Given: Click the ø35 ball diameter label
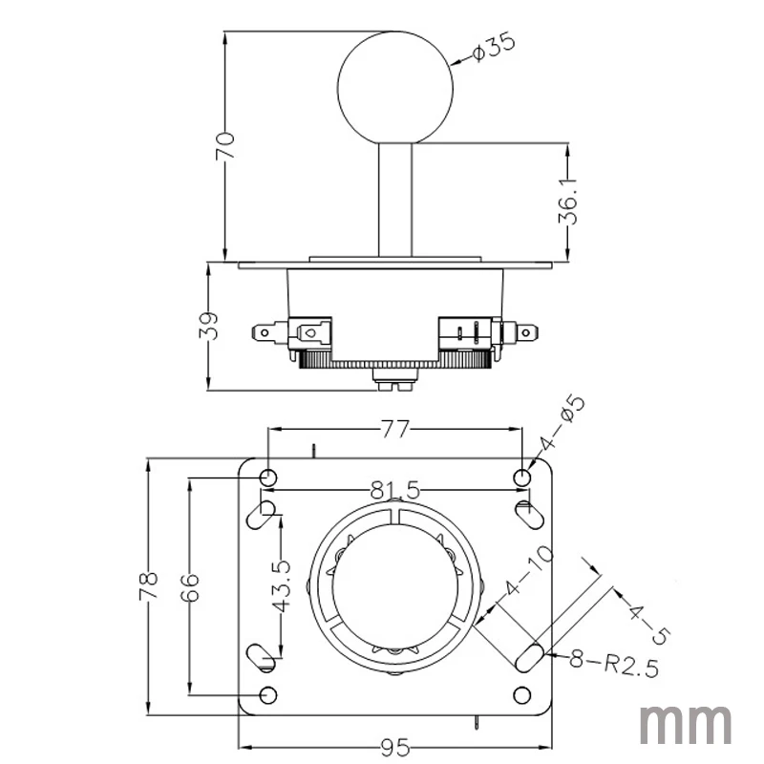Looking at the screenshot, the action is click(493, 47).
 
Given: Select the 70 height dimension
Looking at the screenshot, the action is click(225, 146).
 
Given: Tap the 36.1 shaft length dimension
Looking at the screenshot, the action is click(568, 201).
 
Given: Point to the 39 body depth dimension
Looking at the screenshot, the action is click(208, 326).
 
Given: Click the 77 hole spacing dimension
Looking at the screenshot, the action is click(394, 429).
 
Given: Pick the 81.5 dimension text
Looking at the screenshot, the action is click(394, 490).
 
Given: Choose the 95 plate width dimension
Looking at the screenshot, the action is click(395, 748).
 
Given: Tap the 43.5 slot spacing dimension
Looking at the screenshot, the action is click(281, 586).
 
